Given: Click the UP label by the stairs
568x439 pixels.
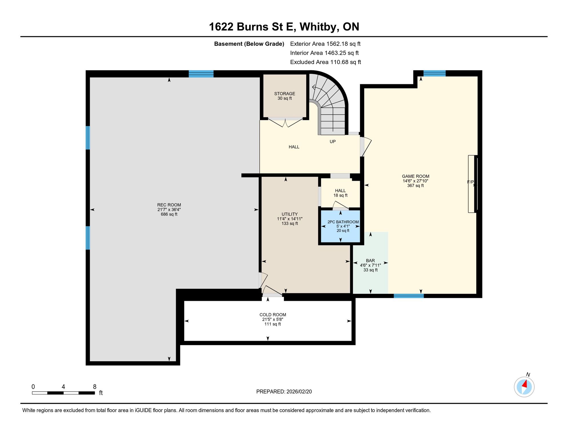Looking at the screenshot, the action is click(x=333, y=141).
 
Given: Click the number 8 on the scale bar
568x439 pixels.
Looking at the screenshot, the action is click(x=95, y=387).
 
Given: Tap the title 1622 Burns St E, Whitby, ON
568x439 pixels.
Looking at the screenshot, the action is click(x=284, y=27).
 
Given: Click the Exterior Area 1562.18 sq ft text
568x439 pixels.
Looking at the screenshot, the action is click(x=325, y=44).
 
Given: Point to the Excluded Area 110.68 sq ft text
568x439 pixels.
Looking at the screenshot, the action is click(x=325, y=62).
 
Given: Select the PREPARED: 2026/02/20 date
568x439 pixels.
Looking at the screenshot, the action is click(x=284, y=392).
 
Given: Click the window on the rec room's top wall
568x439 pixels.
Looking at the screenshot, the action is click(x=201, y=74).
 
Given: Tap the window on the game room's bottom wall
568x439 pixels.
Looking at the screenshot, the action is click(x=409, y=296).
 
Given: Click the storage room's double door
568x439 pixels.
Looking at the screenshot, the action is click(x=285, y=122).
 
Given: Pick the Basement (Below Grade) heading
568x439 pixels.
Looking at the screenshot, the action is click(x=249, y=44).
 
